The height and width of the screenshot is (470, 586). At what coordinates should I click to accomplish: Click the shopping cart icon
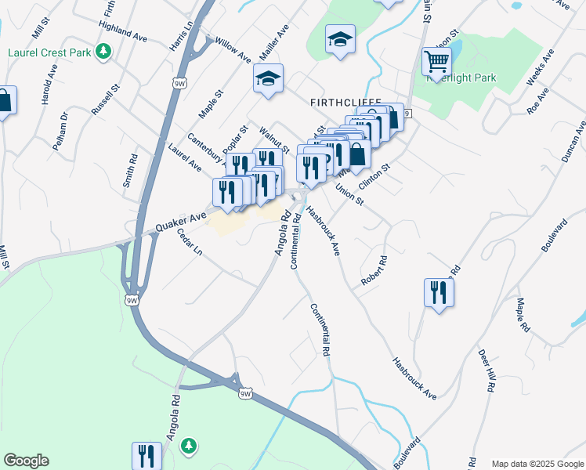(436, 60)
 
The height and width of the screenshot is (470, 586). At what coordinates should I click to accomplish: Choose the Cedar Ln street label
(190, 241)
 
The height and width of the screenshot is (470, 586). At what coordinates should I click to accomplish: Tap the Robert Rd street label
(374, 270)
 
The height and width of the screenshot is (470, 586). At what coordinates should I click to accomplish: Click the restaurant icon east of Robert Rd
(439, 293)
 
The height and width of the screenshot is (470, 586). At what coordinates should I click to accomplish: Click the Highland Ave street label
(123, 32)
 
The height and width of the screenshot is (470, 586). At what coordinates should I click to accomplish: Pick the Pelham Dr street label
(60, 127)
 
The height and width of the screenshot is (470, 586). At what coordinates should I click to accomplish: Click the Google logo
(26, 461)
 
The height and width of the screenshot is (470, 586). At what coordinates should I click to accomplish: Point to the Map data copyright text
(537, 464)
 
